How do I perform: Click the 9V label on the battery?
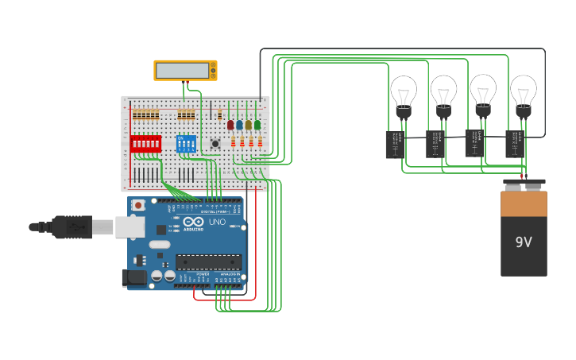(x=524, y=242)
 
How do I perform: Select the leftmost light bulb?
(x=404, y=92)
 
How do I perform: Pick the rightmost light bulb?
(x=523, y=92)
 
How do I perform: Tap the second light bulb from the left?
(x=443, y=92)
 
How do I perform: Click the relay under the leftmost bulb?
(x=395, y=145)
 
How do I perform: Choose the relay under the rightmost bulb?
(x=515, y=145)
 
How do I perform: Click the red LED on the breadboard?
(x=230, y=125)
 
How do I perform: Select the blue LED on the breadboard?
(x=239, y=125)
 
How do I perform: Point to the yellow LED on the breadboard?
(x=248, y=125)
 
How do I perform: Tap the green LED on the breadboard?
(x=257, y=125)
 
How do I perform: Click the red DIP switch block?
(x=146, y=144)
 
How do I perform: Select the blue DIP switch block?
(x=185, y=145)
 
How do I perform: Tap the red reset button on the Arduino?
(x=138, y=205)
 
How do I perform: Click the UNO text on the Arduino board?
(x=217, y=222)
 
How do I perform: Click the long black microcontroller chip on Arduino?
(x=208, y=261)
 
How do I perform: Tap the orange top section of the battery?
(x=524, y=203)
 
